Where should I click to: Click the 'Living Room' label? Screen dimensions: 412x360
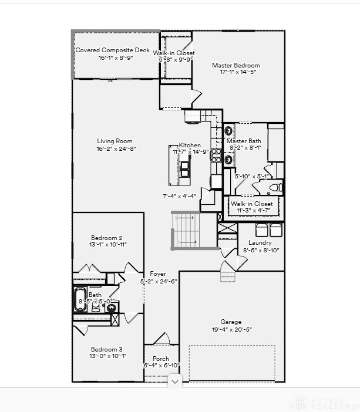pyautogui.click(x=115, y=141)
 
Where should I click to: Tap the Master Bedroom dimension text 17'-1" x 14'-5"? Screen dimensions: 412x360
pyautogui.click(x=235, y=72)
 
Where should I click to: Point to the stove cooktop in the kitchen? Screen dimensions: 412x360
pyautogui.click(x=193, y=116)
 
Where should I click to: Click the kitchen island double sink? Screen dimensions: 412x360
pyautogui.click(x=185, y=170)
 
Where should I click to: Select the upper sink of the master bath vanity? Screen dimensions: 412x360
pyautogui.click(x=228, y=131)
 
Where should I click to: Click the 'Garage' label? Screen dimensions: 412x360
pyautogui.click(x=231, y=322)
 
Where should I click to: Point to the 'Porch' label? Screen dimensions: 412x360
pyautogui.click(x=161, y=359)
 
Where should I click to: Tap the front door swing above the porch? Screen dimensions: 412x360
pyautogui.click(x=162, y=339)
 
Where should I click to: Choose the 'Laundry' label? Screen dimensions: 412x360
pyautogui.click(x=260, y=242)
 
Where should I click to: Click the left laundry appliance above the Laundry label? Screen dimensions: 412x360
pyautogui.click(x=262, y=229)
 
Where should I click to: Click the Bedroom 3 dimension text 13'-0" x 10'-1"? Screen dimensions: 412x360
pyautogui.click(x=108, y=356)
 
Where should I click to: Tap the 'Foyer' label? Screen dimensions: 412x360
pyautogui.click(x=158, y=273)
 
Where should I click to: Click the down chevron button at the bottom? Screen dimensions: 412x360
pyautogui.click(x=175, y=381)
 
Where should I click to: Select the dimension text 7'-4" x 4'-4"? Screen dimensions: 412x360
pyautogui.click(x=179, y=196)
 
